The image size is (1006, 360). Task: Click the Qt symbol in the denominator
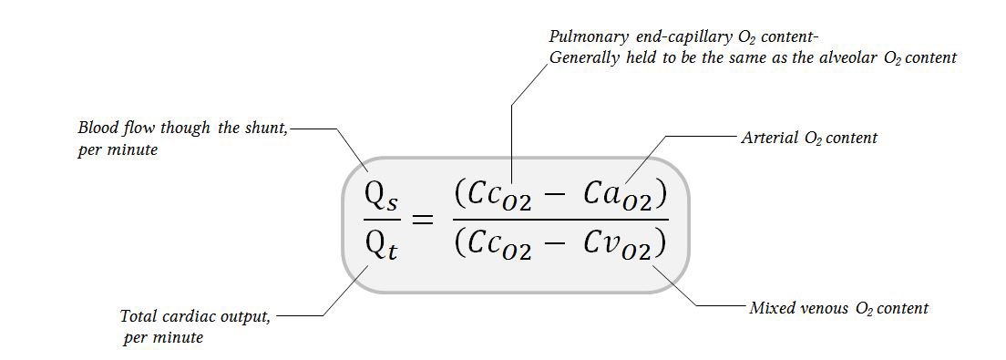click(x=381, y=245)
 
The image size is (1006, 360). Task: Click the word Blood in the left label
click(x=97, y=128)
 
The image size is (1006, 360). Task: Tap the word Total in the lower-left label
click(x=139, y=316)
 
